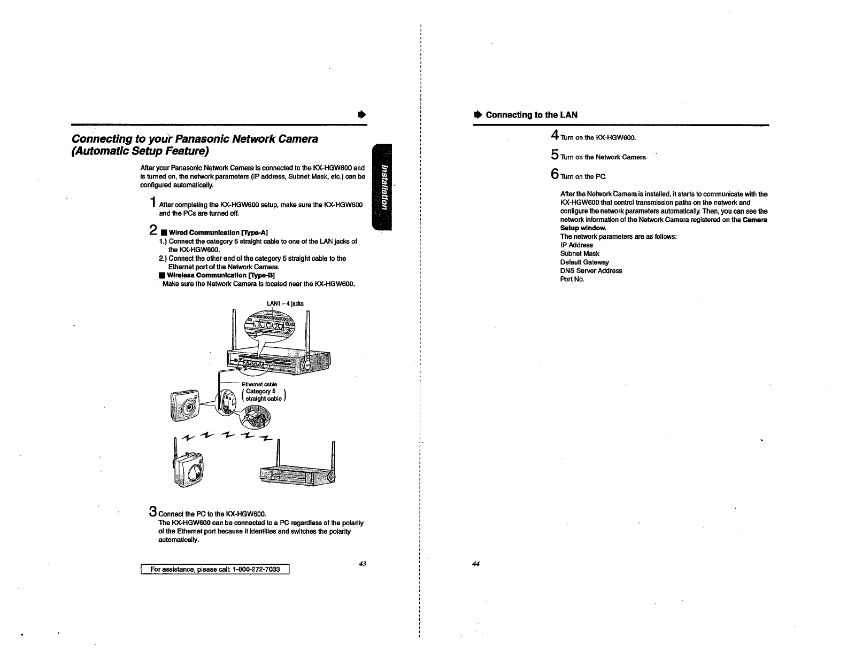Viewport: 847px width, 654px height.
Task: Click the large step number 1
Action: coord(153,203)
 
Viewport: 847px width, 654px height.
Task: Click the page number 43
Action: coord(362,564)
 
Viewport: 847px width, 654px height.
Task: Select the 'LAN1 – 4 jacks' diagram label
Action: coord(285,303)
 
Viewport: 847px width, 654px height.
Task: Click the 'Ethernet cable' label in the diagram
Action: coord(259,384)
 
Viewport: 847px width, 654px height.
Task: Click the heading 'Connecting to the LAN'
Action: coord(532,115)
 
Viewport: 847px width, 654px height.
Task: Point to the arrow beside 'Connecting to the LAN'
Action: coord(478,115)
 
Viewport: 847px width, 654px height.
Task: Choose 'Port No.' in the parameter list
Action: coord(572,279)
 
